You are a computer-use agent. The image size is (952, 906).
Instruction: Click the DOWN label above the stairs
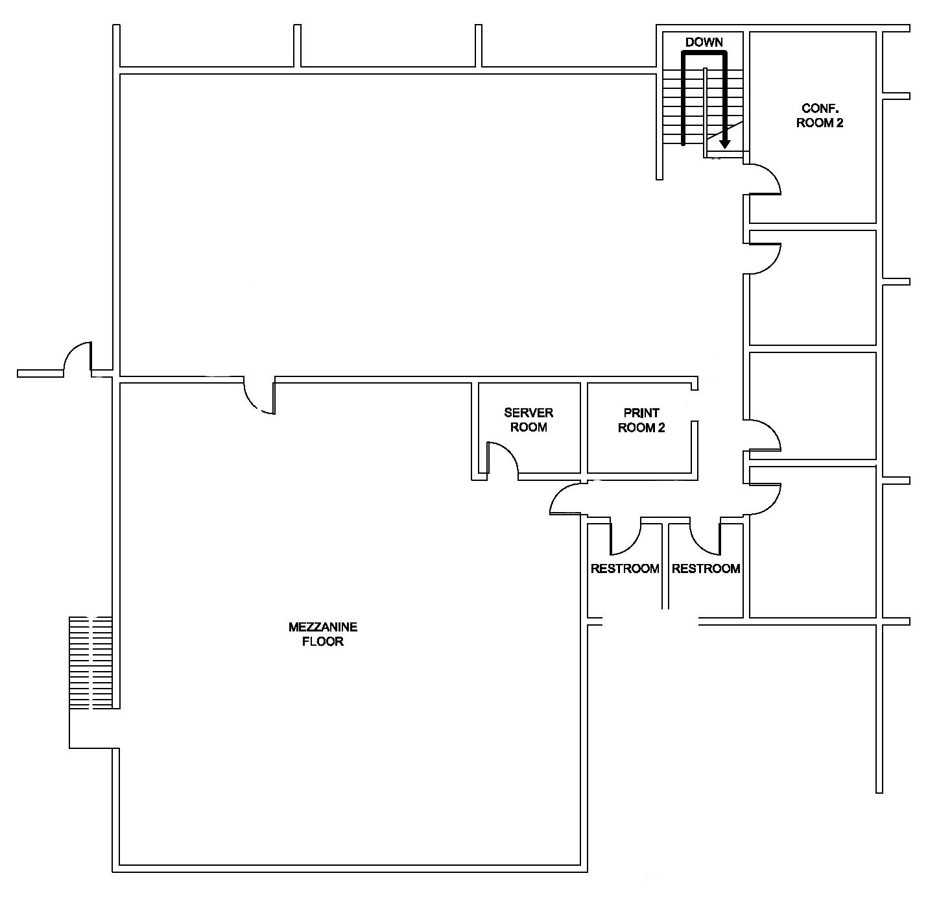704,42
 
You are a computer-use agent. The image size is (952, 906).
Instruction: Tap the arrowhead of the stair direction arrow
724,144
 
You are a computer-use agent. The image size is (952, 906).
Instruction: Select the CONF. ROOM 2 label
819,116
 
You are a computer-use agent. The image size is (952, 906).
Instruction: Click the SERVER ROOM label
529,420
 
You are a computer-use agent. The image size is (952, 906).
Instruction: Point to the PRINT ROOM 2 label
641,421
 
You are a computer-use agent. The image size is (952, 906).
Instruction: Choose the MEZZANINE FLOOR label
323,634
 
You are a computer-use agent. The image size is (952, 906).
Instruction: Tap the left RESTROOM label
625,569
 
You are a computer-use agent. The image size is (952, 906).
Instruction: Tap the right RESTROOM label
706,569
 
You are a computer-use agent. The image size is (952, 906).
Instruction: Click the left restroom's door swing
625,537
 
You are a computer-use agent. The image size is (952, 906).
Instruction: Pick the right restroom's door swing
705,537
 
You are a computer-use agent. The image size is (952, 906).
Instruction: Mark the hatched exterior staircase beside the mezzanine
91,663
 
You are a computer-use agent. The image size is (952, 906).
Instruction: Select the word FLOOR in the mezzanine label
323,641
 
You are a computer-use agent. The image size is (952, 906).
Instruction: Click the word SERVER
529,413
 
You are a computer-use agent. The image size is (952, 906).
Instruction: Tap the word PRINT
641,413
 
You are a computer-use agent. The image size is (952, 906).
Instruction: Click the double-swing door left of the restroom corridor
565,499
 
